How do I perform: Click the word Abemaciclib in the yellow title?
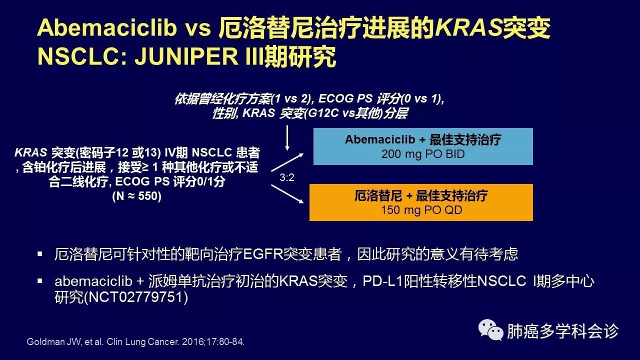click(x=106, y=27)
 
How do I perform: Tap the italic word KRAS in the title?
click(x=468, y=27)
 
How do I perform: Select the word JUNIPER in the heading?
click(x=186, y=56)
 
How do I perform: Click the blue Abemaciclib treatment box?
click(x=423, y=146)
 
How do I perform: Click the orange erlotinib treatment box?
click(x=421, y=202)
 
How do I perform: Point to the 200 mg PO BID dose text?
click(x=423, y=154)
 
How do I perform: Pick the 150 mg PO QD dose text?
click(x=421, y=210)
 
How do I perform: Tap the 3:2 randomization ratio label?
click(x=287, y=177)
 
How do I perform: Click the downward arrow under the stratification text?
click(x=287, y=138)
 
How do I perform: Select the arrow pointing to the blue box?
click(x=287, y=162)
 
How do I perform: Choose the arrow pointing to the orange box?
click(x=287, y=194)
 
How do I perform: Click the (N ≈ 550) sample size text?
click(x=137, y=196)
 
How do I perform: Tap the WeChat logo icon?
click(x=490, y=329)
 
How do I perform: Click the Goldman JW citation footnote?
click(x=135, y=341)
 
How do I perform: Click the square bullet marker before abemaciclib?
click(x=40, y=281)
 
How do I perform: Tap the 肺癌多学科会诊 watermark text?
click(x=563, y=331)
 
